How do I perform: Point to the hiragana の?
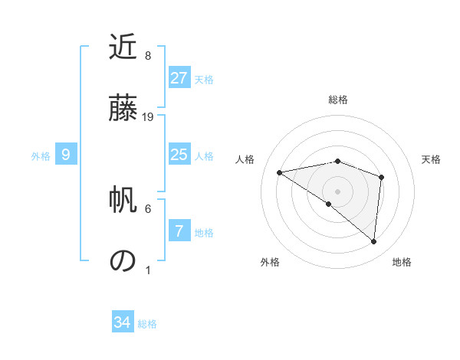coord(123,260)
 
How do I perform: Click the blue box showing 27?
coord(179,77)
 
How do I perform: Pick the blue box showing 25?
coord(179,155)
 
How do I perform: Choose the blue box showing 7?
coord(179,231)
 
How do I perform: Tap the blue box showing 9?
coord(66,155)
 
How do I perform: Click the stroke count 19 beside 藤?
coord(149,117)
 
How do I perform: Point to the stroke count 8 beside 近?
coord(148,56)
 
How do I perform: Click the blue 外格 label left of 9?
coord(41,156)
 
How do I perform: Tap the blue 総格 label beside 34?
coord(147,324)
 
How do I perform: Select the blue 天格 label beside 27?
coord(204,79)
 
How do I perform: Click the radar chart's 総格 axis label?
coord(338,100)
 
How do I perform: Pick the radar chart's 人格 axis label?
coord(245,159)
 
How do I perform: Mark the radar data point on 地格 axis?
coord(373,242)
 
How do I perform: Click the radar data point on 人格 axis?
coord(280,172)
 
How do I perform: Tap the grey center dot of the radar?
coord(337,190)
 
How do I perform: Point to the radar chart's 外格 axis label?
coord(270,262)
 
